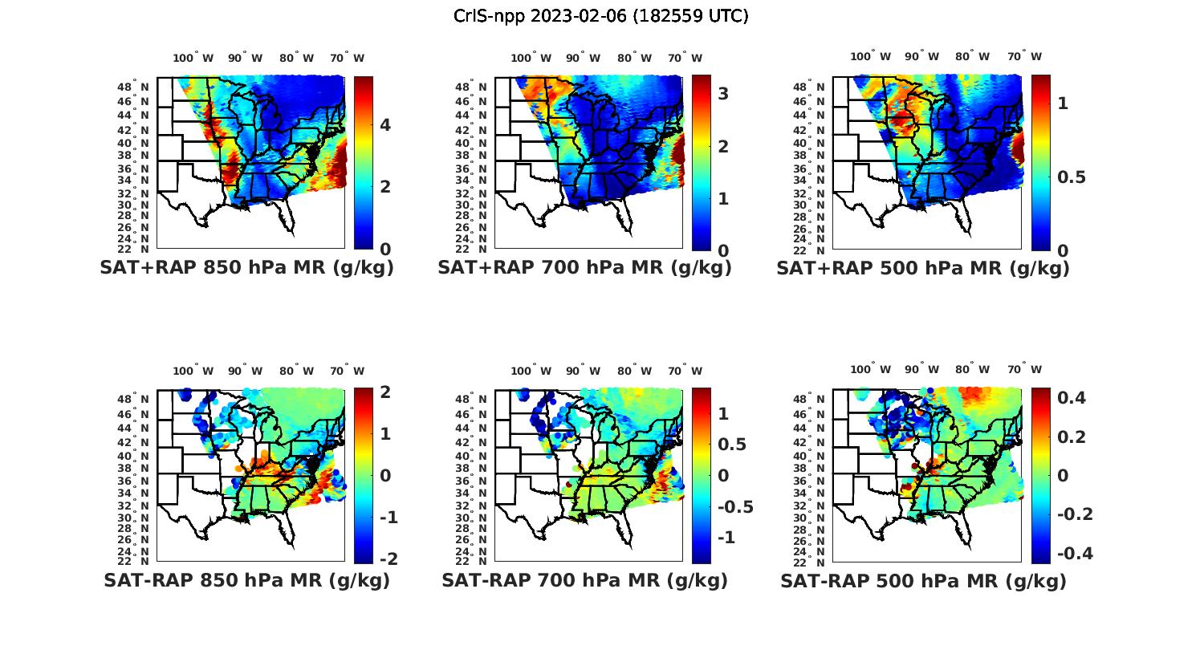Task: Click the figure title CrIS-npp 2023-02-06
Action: click(601, 16)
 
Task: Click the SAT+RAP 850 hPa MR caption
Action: click(246, 268)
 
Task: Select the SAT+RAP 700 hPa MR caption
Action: click(584, 268)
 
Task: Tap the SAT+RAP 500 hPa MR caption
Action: click(923, 268)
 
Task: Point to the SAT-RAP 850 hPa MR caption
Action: click(246, 580)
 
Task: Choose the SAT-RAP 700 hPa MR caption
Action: click(584, 580)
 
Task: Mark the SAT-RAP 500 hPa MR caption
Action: click(923, 580)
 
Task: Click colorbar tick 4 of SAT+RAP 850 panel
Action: click(385, 125)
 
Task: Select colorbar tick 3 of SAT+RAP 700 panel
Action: click(723, 94)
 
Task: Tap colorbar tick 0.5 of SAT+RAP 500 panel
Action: click(1072, 177)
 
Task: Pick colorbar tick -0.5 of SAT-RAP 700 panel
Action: click(734, 507)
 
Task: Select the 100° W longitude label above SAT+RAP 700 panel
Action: click(531, 58)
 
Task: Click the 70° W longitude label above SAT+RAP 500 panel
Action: click(1024, 56)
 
